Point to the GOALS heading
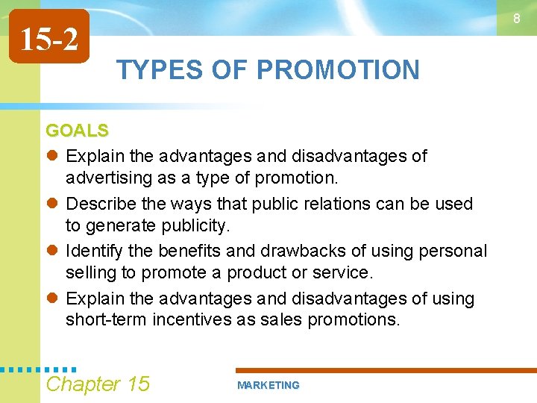click(77, 131)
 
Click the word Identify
click(95, 252)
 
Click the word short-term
click(106, 320)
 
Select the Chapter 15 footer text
click(98, 384)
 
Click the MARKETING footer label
click(268, 385)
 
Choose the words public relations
click(313, 204)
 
